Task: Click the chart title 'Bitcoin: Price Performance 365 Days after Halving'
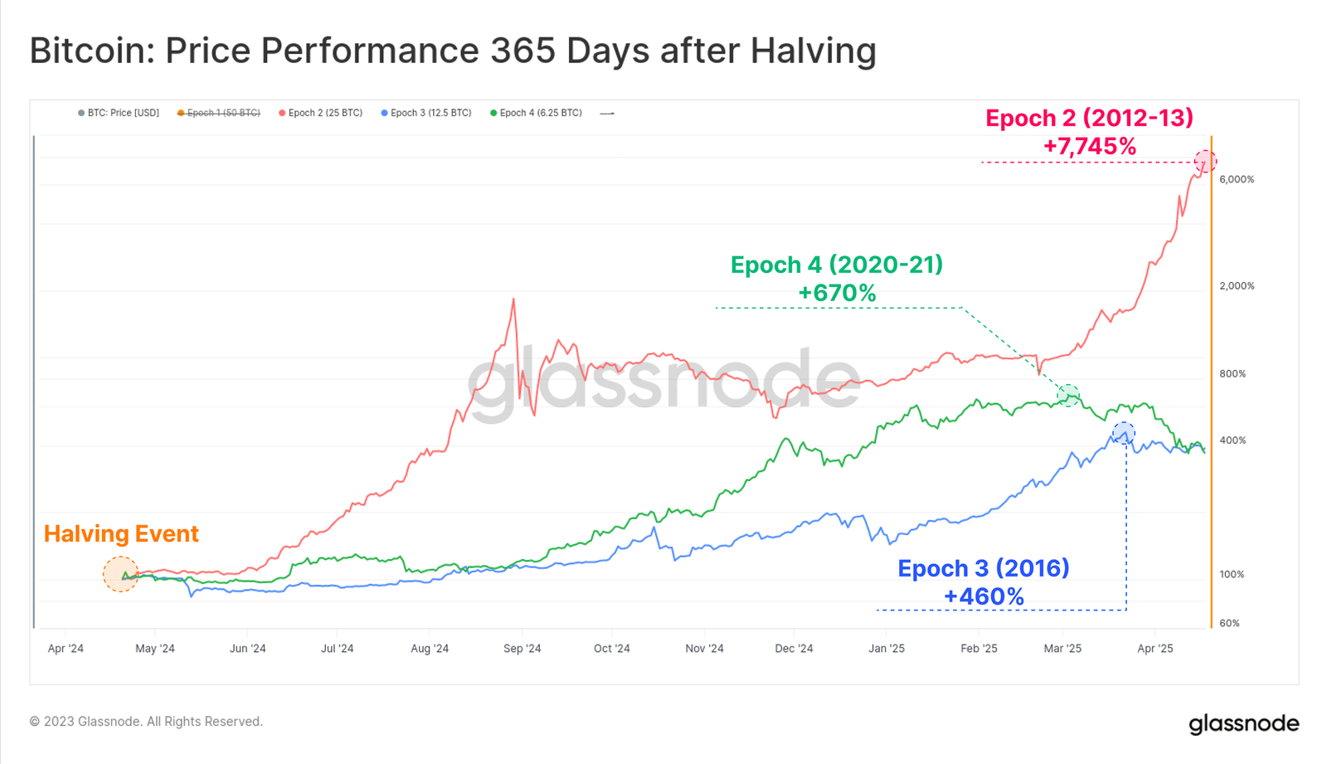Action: point(453,51)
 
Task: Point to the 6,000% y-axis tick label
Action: point(1236,179)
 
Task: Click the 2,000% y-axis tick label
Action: point(1236,286)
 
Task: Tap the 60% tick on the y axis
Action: point(1229,623)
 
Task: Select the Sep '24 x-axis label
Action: point(522,649)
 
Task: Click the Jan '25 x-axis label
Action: point(887,649)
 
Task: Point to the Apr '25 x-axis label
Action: point(1154,649)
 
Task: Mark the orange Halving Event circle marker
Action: point(121,574)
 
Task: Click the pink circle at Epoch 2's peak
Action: point(1205,161)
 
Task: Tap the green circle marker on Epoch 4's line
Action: point(1069,396)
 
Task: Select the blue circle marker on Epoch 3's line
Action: point(1124,433)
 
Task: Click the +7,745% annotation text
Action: point(1089,147)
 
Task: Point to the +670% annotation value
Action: point(837,293)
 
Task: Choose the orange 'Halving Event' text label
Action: point(121,533)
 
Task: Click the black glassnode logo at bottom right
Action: point(1243,724)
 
